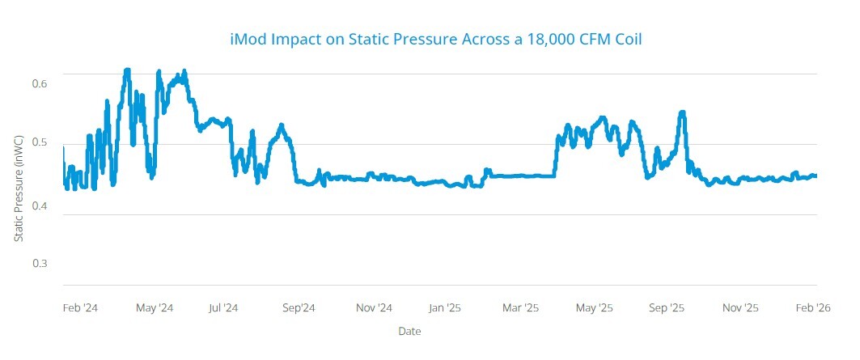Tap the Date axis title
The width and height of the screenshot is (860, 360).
point(409,332)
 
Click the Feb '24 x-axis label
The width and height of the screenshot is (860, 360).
point(81,308)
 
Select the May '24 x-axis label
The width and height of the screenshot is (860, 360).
point(154,308)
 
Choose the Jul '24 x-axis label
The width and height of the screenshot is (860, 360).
point(222,308)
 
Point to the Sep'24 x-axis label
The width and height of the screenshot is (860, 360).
point(299,308)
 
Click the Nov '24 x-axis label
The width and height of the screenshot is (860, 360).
point(374,308)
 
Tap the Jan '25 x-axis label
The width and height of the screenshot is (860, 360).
point(445,308)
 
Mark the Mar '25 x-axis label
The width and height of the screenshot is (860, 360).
point(520,308)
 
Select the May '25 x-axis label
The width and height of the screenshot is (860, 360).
point(595,308)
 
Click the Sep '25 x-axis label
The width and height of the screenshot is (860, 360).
point(667,308)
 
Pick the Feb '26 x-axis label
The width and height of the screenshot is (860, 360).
point(812,308)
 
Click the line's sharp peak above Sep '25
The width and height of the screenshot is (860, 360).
point(683,112)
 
